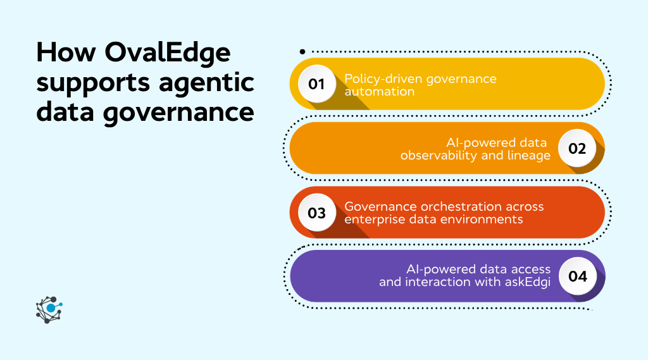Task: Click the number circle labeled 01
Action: pyautogui.click(x=316, y=84)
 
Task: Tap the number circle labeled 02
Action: pyautogui.click(x=577, y=149)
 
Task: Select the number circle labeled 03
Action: pyautogui.click(x=316, y=213)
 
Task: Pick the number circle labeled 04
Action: pyautogui.click(x=577, y=276)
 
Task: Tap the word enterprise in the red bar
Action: pyautogui.click(x=371, y=219)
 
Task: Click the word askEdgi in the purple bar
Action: pyautogui.click(x=528, y=282)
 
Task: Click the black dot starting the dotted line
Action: pyautogui.click(x=302, y=51)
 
